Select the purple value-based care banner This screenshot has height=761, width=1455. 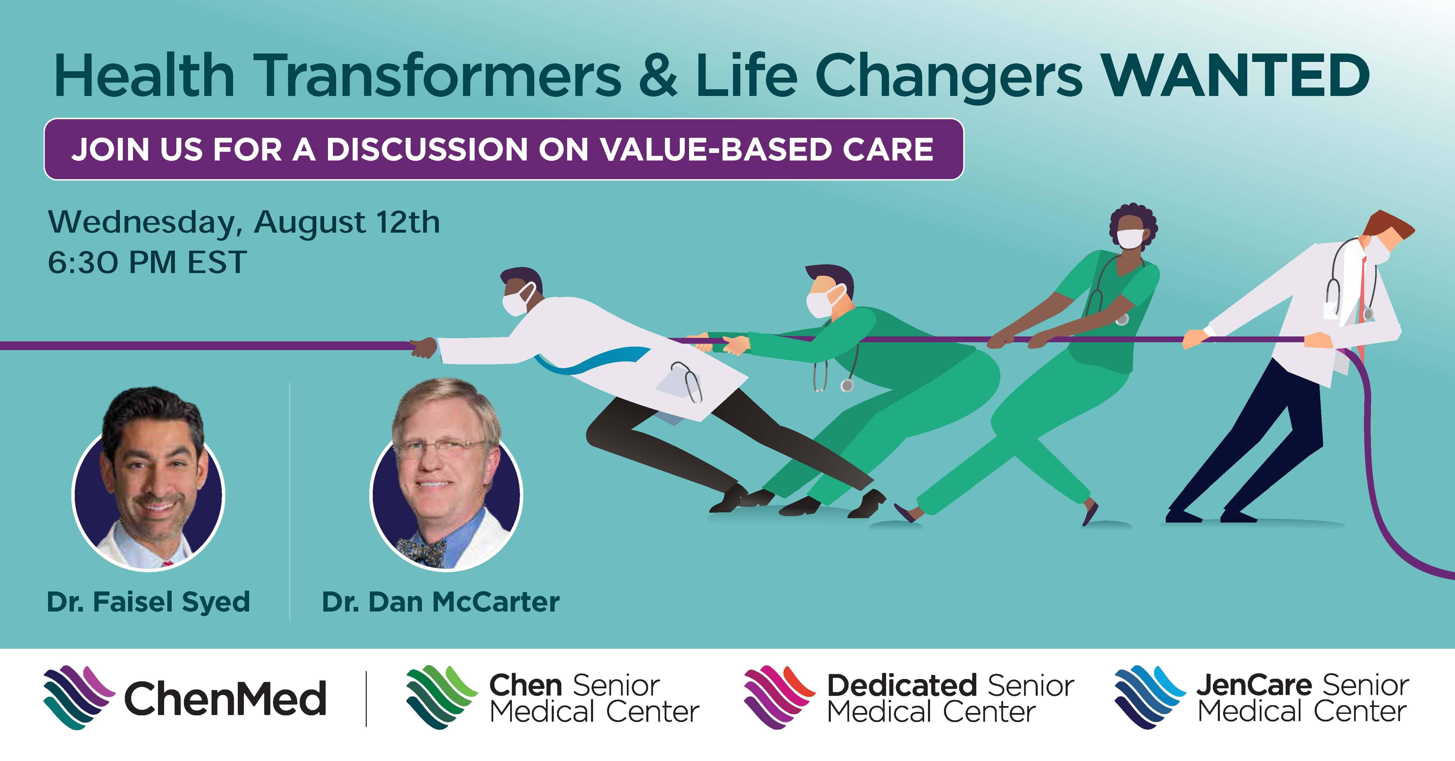(x=504, y=149)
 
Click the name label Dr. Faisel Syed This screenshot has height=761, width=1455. (x=148, y=602)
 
